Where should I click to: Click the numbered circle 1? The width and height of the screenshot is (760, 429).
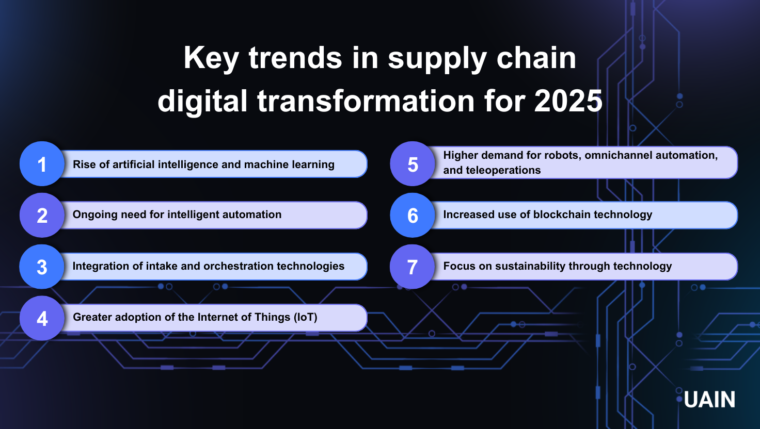(x=42, y=163)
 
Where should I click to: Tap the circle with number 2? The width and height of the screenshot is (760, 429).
(x=42, y=215)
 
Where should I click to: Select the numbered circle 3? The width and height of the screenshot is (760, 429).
(x=42, y=267)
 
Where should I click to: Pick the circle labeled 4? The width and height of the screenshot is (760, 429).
(x=42, y=318)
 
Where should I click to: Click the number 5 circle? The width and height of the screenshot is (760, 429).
(x=413, y=163)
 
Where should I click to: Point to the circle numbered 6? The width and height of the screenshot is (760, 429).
(x=413, y=215)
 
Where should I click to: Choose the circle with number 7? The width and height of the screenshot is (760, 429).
(x=412, y=267)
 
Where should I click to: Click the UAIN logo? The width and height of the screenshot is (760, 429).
(x=709, y=400)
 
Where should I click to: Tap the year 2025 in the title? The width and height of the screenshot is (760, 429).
(x=568, y=101)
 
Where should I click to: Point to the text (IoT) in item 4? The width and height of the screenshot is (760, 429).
(x=306, y=318)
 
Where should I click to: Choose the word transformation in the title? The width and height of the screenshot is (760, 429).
(x=366, y=101)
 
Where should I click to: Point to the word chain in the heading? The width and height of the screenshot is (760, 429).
(x=536, y=58)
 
